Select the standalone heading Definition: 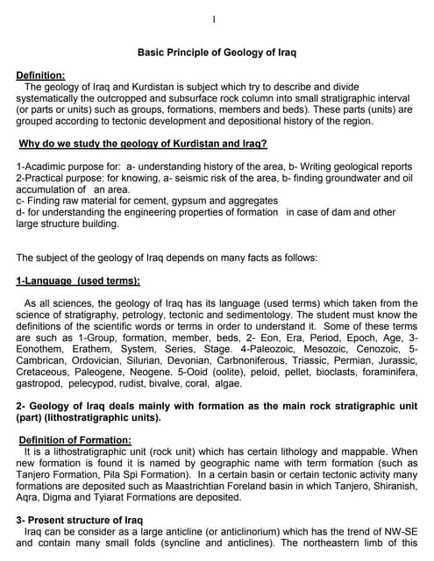pyautogui.click(x=40, y=75)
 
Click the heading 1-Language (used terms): pyautogui.click(x=78, y=281)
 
